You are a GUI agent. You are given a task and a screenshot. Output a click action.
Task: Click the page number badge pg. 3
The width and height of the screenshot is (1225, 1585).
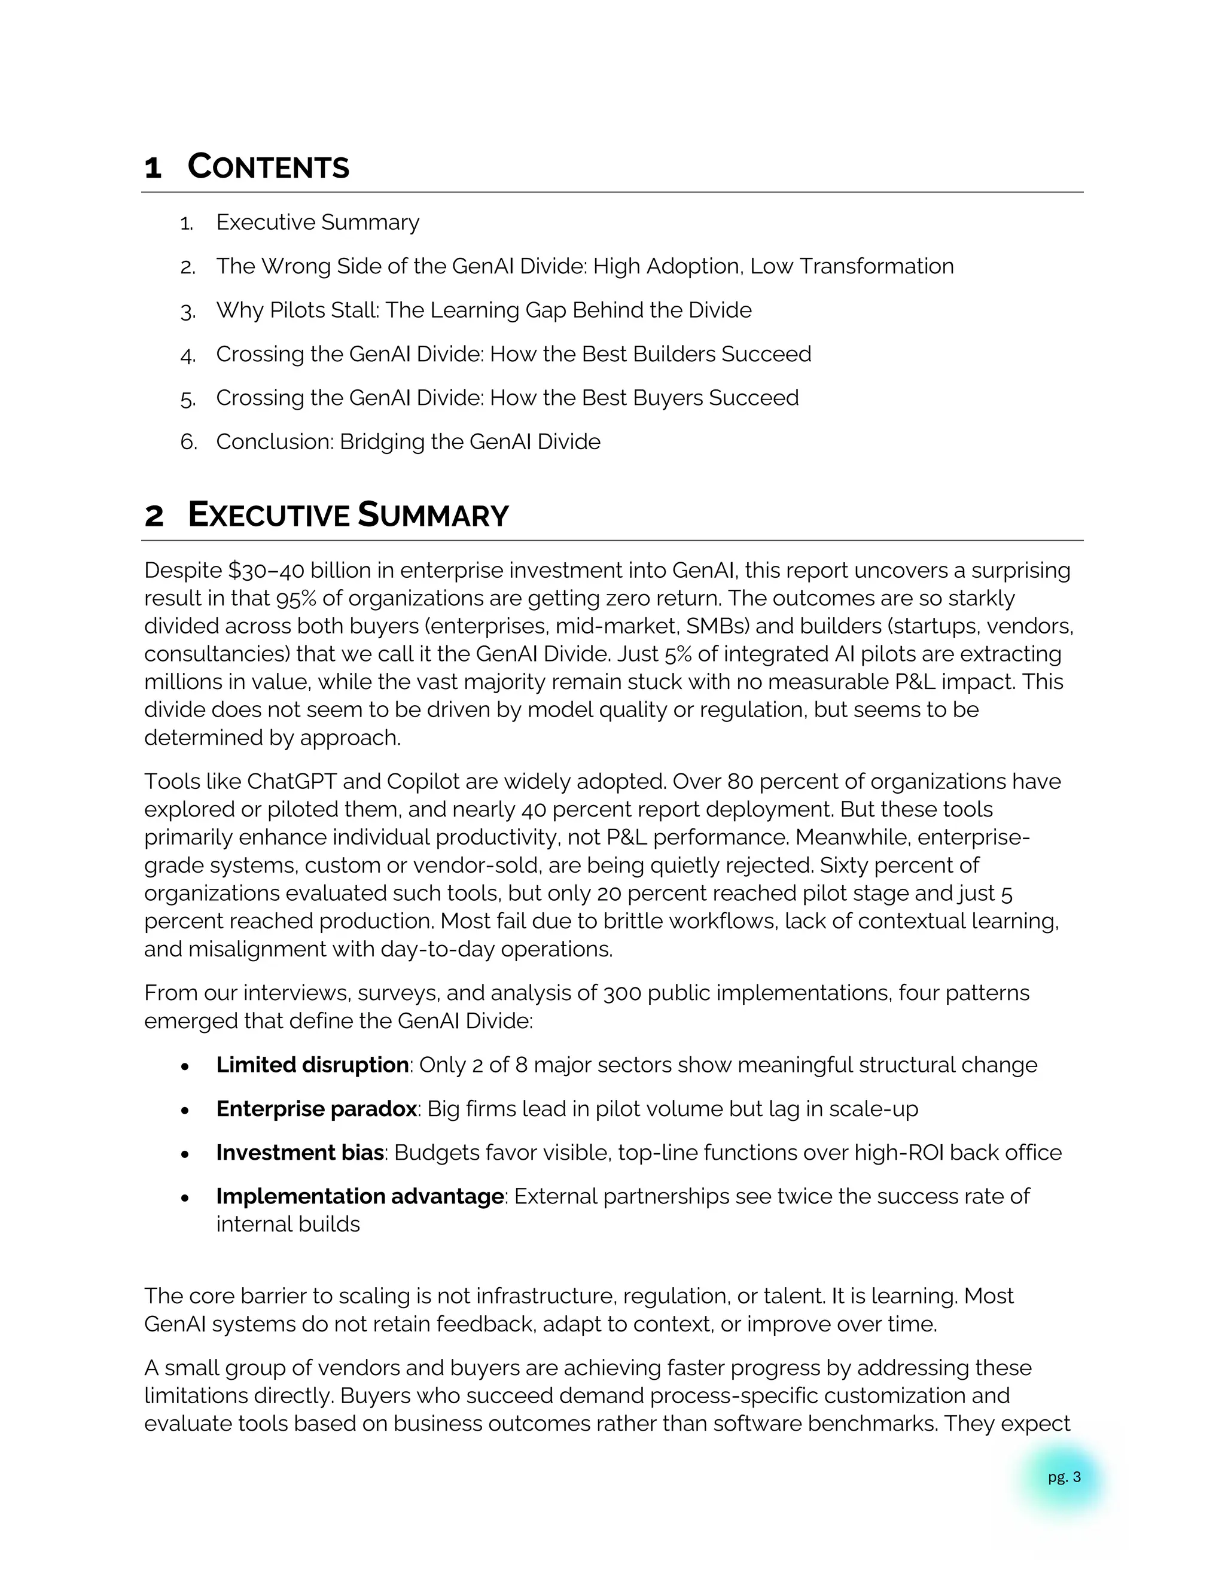click(x=1064, y=1477)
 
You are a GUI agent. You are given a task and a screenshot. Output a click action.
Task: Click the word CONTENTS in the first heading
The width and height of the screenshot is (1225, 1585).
click(x=268, y=167)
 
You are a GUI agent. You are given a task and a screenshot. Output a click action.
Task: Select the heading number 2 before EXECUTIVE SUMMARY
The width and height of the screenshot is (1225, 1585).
click(x=154, y=516)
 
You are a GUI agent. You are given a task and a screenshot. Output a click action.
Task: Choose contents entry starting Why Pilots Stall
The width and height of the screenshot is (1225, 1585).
click(x=483, y=310)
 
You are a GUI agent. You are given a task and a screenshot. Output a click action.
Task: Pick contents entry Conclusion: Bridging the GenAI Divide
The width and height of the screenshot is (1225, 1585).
click(x=408, y=442)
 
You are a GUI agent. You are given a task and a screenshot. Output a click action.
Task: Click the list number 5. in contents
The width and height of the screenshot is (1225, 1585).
click(x=188, y=399)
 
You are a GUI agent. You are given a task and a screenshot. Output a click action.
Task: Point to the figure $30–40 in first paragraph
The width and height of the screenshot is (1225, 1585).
click(x=266, y=571)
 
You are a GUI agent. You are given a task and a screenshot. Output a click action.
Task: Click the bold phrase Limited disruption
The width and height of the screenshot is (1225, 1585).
click(x=312, y=1065)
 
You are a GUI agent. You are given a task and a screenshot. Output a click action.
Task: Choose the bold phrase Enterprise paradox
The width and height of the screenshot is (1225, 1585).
click(x=316, y=1109)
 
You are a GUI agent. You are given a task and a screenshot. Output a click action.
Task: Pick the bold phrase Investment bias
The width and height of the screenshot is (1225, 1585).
click(x=300, y=1153)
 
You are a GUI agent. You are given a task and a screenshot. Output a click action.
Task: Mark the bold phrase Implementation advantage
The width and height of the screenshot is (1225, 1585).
click(x=359, y=1197)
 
